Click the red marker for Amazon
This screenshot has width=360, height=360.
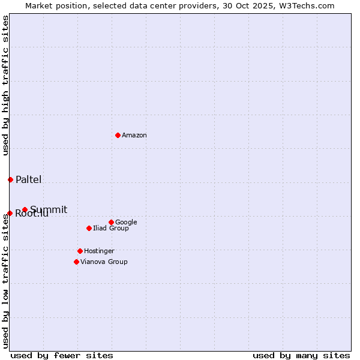[x=118, y=135]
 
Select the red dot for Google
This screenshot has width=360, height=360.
[x=111, y=222]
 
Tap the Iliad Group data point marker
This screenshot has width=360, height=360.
[x=89, y=228]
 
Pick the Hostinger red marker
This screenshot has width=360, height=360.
[x=80, y=251]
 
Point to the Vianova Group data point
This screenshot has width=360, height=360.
[x=76, y=262]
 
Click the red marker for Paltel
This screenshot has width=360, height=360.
[x=10, y=179]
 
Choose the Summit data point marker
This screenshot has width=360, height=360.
[x=25, y=209]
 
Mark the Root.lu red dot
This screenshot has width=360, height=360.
[x=10, y=213]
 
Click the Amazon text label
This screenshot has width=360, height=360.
[x=134, y=136]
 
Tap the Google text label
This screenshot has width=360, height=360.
[x=126, y=223]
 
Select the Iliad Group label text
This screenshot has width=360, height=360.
[x=111, y=229]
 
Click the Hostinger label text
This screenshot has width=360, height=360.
[x=99, y=251]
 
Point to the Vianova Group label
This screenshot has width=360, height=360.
[x=104, y=262]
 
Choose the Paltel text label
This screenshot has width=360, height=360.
[x=29, y=180]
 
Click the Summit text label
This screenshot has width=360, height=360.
[x=49, y=209]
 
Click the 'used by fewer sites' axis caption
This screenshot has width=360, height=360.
[x=62, y=355]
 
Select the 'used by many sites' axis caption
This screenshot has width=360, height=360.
[x=301, y=355]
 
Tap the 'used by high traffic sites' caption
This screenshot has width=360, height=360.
[x=5, y=85]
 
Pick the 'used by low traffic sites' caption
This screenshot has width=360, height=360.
[x=5, y=281]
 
